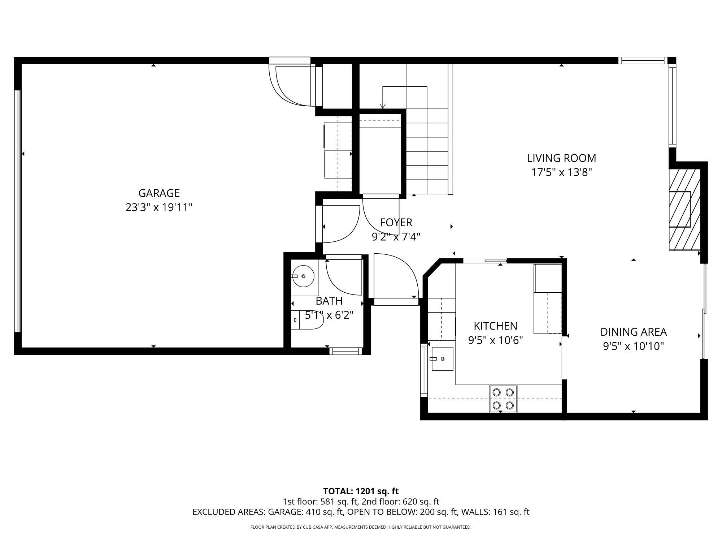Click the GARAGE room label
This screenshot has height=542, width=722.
coord(159,193)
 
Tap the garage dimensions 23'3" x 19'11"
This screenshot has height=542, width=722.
coord(159,207)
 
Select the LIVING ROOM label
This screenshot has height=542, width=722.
coord(561,158)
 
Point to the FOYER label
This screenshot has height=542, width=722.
coord(396,222)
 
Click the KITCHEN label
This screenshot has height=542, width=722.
coord(495,326)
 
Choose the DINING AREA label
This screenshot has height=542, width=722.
coord(633,332)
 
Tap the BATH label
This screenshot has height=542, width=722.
coord(329,301)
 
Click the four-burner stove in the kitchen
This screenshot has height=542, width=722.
coord(503,399)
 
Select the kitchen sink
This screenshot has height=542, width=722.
coord(442,359)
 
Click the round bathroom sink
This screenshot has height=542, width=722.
coord(303,276)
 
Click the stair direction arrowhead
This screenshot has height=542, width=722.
coord(383,106)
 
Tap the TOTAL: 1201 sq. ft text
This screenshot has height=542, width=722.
coord(361,491)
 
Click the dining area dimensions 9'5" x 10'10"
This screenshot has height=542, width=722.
coord(633,347)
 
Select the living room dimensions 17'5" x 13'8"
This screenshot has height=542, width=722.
coord(561,172)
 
